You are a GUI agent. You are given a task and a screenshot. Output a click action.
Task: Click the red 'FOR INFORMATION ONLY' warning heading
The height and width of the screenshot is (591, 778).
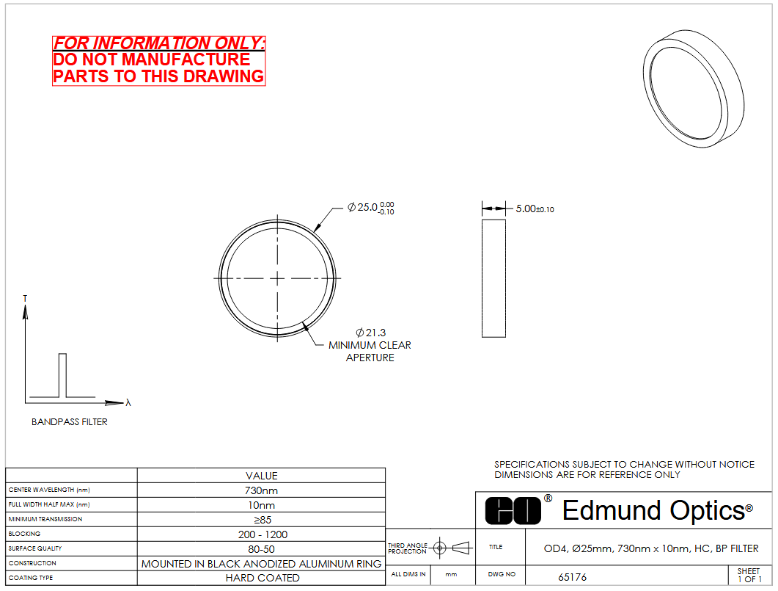158,43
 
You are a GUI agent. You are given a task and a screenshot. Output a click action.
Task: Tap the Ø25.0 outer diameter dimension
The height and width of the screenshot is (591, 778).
370,208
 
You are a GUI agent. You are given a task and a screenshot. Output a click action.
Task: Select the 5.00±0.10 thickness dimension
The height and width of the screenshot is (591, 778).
535,209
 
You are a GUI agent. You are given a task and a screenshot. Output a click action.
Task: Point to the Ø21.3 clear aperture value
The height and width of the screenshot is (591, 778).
370,333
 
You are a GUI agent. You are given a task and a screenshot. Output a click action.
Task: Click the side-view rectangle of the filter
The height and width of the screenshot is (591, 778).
493,279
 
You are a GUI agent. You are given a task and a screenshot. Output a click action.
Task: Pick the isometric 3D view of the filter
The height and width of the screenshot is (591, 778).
693,88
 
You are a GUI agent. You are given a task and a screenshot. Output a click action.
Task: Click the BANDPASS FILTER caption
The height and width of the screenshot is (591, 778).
70,421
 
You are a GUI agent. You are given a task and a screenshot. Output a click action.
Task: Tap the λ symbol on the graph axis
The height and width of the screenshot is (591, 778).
128,402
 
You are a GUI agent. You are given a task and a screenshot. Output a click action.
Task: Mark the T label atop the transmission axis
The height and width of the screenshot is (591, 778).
26,299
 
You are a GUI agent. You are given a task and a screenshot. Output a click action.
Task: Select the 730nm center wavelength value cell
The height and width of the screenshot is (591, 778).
261,490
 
